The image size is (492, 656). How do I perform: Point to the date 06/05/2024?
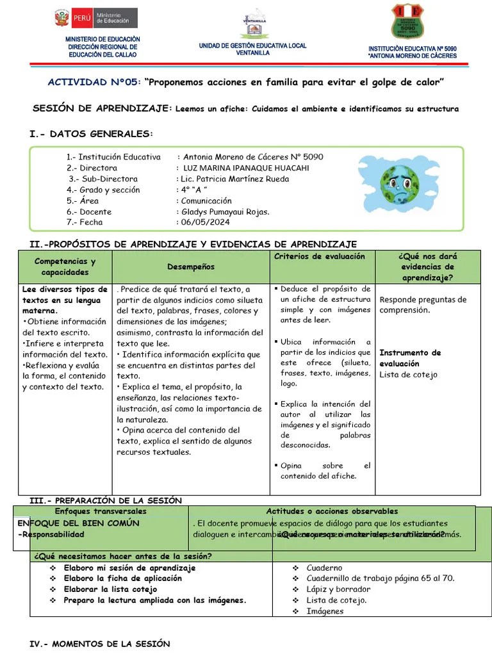pyautogui.click(x=204, y=222)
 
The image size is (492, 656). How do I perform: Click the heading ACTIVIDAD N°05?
pyautogui.click(x=94, y=83)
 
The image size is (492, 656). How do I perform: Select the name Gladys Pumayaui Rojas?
pyautogui.click(x=225, y=211)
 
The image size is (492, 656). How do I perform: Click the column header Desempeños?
pyautogui.click(x=191, y=266)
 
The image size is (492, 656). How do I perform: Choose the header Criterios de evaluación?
pyautogui.click(x=320, y=256)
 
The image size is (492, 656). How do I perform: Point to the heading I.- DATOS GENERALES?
pyautogui.click(x=92, y=134)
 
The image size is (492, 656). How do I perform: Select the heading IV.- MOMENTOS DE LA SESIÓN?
pyautogui.click(x=101, y=643)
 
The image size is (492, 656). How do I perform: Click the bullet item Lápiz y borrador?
pyautogui.click(x=338, y=589)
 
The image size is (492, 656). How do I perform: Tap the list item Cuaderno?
pyautogui.click(x=324, y=568)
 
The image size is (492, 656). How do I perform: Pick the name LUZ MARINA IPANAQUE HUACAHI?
pyautogui.click(x=245, y=168)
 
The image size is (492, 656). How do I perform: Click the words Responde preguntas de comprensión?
pyautogui.click(x=423, y=304)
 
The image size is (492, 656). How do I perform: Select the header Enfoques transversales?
pyautogui.click(x=101, y=511)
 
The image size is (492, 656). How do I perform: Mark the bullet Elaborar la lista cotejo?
pyautogui.click(x=110, y=589)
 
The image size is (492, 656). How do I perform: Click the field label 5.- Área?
pyautogui.click(x=83, y=201)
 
